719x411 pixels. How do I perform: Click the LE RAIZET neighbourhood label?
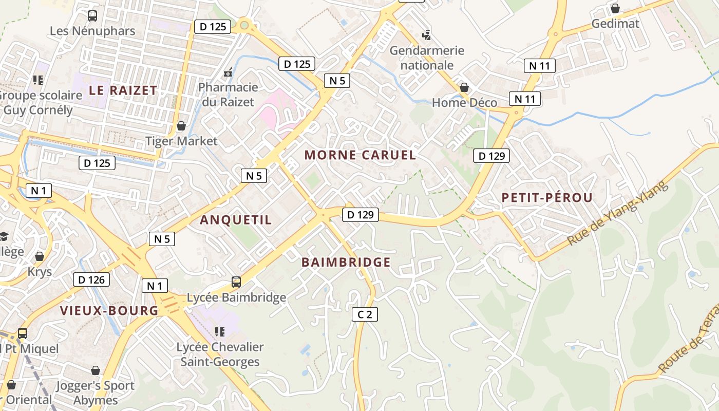tap(123, 90)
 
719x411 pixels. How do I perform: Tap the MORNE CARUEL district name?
tap(360, 155)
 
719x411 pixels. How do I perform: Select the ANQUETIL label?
tap(236, 220)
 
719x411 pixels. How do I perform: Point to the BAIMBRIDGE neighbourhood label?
tap(346, 263)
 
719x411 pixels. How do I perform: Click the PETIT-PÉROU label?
tap(547, 197)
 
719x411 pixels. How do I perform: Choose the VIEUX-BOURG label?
tap(109, 311)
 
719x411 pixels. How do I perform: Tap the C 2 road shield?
tap(365, 314)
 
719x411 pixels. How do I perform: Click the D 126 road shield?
tap(92, 279)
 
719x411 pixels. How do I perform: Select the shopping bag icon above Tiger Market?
tap(181, 126)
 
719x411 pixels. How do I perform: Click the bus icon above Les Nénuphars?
tap(92, 16)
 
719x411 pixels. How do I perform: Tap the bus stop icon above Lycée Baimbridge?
tap(236, 282)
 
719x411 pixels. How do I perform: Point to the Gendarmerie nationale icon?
tap(426, 35)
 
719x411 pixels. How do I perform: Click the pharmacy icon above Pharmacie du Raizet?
tap(228, 72)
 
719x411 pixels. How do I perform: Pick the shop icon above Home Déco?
tap(464, 88)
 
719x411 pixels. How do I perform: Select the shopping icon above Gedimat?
tap(615, 9)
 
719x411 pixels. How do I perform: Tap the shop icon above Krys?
tap(40, 256)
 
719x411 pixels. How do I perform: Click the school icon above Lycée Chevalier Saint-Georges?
tap(220, 332)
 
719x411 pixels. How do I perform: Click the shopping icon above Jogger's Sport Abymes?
tap(95, 370)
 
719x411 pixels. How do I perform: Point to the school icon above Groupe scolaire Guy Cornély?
tap(37, 80)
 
